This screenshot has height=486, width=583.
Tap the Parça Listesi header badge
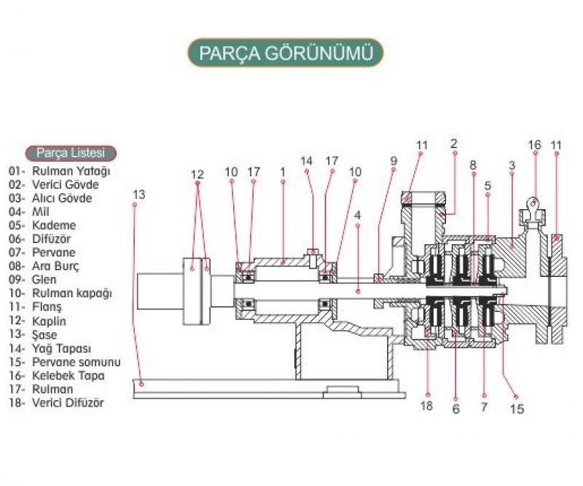click(x=71, y=153)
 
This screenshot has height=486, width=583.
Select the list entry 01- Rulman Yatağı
click(x=59, y=171)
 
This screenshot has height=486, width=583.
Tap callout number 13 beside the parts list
click(x=140, y=195)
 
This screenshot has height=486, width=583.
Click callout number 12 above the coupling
click(x=197, y=174)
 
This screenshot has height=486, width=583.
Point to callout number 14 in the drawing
click(x=306, y=160)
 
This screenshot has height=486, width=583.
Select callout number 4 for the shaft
click(x=357, y=215)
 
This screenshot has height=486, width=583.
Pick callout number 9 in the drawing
click(x=394, y=160)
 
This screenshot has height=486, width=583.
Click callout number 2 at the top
click(x=453, y=144)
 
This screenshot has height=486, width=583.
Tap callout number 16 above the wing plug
click(x=534, y=145)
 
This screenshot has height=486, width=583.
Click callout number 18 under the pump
click(x=426, y=406)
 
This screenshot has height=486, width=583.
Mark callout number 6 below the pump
click(x=456, y=409)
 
